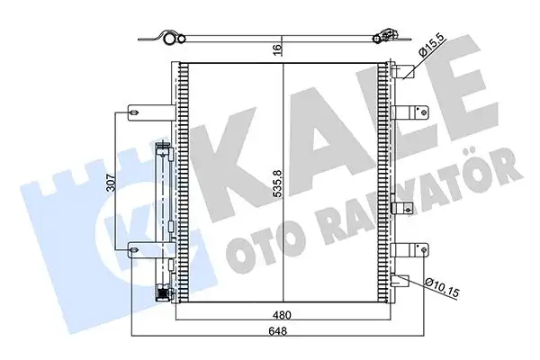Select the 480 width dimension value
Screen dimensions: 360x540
tap(283, 316)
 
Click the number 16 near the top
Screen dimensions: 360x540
tap(283, 50)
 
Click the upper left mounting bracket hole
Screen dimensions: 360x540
tap(135, 112)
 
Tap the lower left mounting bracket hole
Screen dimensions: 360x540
tap(135, 251)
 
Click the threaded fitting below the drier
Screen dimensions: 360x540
tap(163, 293)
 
